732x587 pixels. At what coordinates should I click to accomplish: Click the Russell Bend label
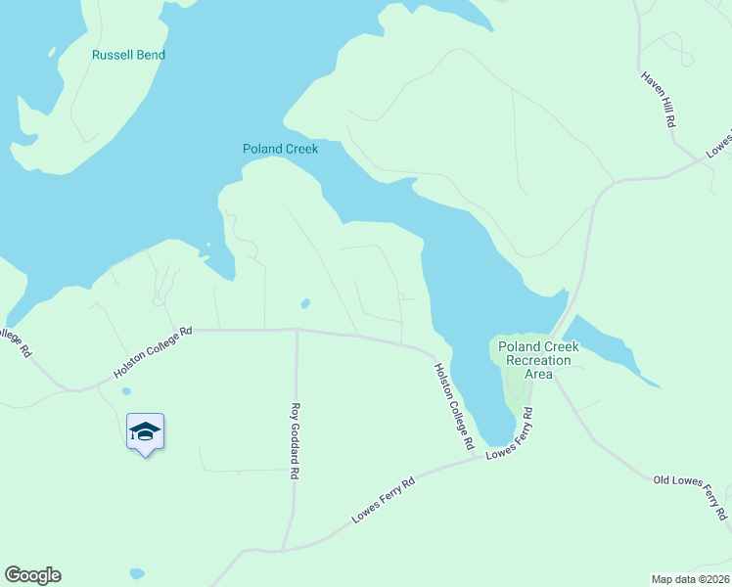pos(128,55)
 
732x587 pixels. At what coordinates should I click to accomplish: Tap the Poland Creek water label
pos(281,149)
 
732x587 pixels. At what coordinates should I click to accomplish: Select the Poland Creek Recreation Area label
pos(538,360)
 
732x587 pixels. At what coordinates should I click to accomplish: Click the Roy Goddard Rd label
pos(294,441)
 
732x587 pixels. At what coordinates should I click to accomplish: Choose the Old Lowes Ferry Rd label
pos(691,495)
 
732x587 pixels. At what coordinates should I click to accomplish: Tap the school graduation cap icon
pos(145,431)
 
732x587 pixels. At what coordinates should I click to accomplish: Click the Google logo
pos(32,575)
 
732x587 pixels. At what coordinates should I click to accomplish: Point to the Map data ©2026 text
pos(690,578)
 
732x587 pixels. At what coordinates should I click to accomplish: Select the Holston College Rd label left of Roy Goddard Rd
pos(155,353)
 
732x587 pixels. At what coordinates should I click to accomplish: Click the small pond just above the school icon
pos(126,391)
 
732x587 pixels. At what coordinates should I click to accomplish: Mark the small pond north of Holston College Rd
pos(305,303)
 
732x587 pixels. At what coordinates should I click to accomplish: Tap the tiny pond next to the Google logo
pos(136,573)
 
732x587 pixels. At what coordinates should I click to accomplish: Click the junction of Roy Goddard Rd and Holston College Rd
pos(296,330)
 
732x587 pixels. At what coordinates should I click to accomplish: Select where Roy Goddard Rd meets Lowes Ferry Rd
pos(283,550)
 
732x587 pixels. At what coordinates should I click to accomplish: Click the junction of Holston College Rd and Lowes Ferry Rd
pos(477,457)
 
